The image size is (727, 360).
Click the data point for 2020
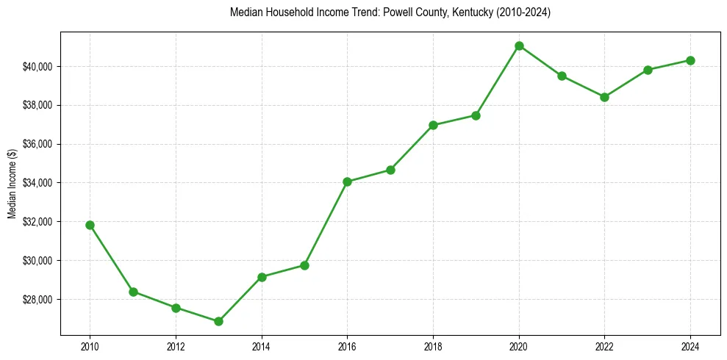519,46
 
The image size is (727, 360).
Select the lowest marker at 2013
218,321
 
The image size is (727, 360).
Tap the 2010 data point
90,225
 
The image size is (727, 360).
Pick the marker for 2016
347,181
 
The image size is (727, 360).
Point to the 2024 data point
690,60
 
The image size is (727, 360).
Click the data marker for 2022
604,97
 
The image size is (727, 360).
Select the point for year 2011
133,292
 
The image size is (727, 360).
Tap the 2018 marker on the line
433,125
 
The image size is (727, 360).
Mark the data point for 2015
304,265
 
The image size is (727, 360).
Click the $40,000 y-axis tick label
38,67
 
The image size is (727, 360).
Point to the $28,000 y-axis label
38,300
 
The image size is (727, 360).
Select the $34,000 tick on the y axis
38,183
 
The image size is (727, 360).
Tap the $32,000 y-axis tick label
38,222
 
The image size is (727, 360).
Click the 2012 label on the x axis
176,345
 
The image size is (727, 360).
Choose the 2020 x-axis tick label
519,345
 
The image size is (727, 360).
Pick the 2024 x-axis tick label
690,345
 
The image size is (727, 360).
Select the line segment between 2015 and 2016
326,223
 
